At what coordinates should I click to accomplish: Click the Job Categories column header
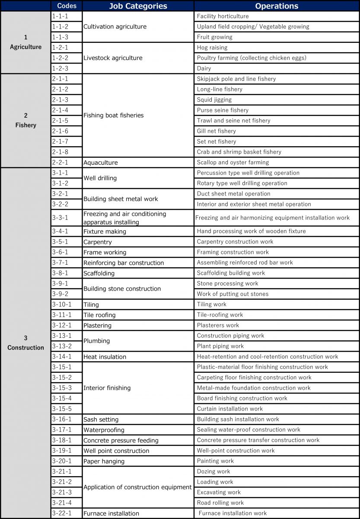pos(138,6)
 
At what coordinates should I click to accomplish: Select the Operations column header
pos(277,6)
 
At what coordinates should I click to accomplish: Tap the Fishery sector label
pos(25,121)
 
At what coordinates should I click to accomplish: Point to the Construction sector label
pos(25,343)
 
